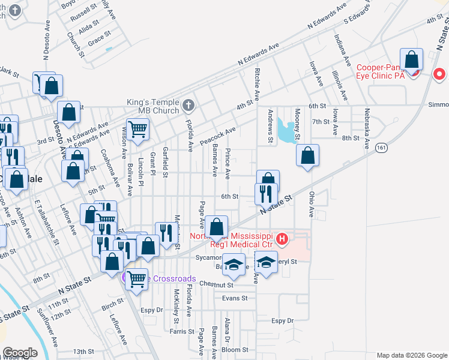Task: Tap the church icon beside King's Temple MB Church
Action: (x=188, y=106)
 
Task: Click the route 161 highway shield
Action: (x=381, y=148)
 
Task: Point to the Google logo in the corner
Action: (x=20, y=353)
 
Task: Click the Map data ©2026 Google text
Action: (x=411, y=355)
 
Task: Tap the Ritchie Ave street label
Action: (x=258, y=83)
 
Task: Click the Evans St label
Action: (x=234, y=298)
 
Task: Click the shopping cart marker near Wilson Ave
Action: (x=138, y=129)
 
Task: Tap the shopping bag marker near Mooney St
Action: (x=307, y=156)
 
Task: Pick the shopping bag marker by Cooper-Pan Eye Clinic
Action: (x=412, y=60)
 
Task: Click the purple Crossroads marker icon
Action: (x=127, y=278)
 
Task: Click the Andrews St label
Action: (x=271, y=126)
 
